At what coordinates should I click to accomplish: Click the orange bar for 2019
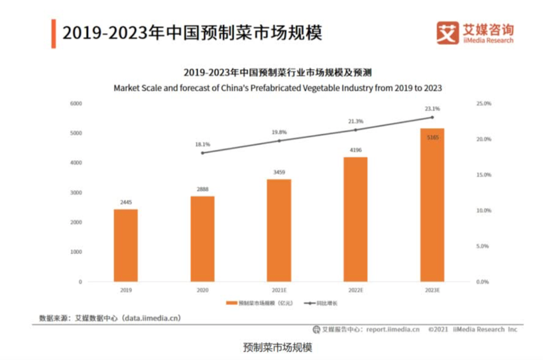(x=125, y=245)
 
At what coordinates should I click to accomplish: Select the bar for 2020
(x=202, y=239)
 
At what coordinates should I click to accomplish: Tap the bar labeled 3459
(x=278, y=230)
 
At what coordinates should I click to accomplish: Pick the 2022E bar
(x=355, y=219)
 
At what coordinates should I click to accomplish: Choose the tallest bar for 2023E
(x=432, y=205)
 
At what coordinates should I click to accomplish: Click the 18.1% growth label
(x=202, y=144)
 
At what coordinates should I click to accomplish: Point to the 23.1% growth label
(x=432, y=108)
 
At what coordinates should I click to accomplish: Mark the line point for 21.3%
(x=355, y=130)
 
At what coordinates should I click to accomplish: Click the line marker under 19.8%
(x=278, y=141)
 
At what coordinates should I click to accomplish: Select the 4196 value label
(x=355, y=150)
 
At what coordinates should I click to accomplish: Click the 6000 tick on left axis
(x=76, y=104)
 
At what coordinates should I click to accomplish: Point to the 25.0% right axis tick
(x=483, y=104)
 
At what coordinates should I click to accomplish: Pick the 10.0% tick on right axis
(x=483, y=211)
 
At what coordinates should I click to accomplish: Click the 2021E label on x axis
(x=278, y=290)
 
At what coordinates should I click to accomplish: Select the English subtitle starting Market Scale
(x=278, y=87)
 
